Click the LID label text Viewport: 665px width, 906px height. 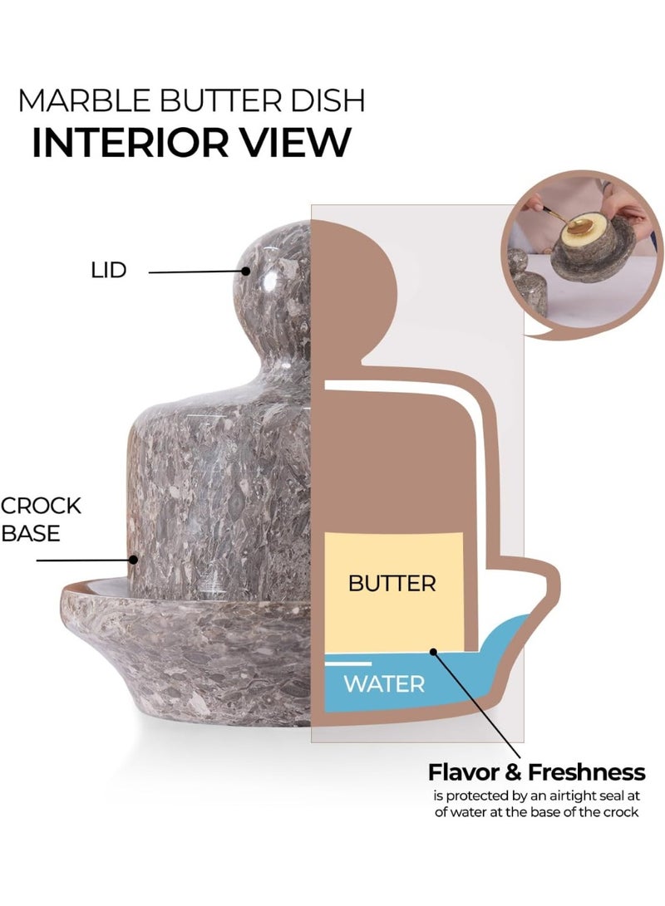pos(108,271)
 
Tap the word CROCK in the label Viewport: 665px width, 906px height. pos(42,506)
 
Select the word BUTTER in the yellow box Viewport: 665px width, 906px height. pos(392,583)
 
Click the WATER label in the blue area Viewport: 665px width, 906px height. pos(384,684)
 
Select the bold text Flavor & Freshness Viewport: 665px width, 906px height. pos(536,772)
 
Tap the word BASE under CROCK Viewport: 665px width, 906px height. pos(31,533)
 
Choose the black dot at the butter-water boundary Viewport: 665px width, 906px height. pos(432,654)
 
